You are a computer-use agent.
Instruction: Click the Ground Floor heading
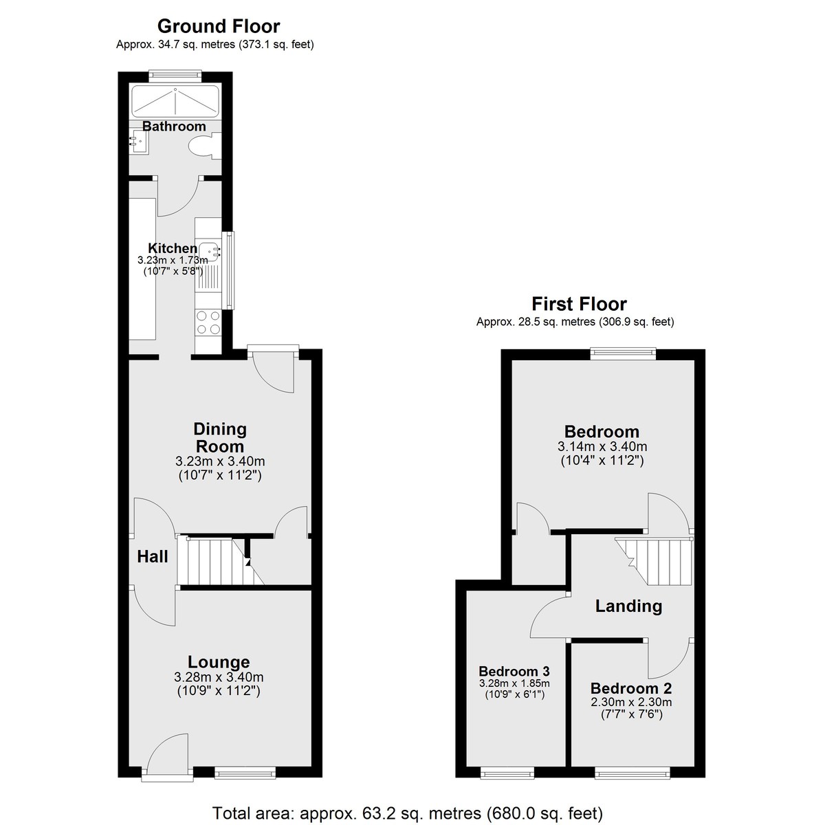[219, 26]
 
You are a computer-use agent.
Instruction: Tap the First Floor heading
[579, 304]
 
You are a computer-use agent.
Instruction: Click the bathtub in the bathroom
[175, 101]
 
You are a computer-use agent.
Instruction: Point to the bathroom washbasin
[139, 142]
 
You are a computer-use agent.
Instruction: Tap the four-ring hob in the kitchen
[208, 322]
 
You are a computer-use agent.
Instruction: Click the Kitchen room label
[173, 248]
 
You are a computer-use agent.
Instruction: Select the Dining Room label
[220, 437]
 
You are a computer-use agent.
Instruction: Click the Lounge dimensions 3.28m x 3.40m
[219, 677]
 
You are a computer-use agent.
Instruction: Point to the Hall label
[153, 557]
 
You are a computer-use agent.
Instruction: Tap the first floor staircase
[654, 561]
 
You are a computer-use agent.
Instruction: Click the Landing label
[628, 606]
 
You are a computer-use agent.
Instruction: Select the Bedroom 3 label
[514, 671]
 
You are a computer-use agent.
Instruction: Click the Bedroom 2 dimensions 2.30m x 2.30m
[631, 702]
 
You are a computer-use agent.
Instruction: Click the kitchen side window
[230, 269]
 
